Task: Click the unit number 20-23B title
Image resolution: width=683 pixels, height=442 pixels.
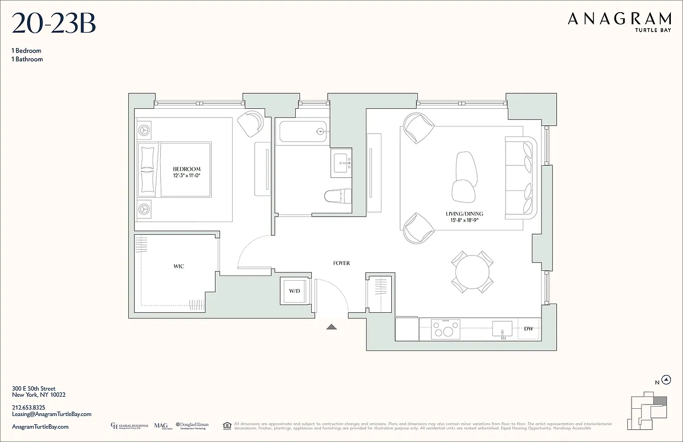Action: coord(54,24)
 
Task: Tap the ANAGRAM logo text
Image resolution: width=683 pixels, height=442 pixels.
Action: coord(619,19)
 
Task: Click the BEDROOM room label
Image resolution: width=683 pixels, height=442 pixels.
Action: coord(186,169)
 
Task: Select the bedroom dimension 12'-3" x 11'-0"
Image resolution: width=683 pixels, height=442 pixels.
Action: coord(186,176)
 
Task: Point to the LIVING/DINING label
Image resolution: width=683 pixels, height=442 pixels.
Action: coord(464,214)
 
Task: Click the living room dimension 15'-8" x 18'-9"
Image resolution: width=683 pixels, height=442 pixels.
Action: coord(464,220)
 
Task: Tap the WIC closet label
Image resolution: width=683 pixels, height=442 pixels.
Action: coord(178,266)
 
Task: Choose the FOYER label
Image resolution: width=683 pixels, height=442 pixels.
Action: coord(341,264)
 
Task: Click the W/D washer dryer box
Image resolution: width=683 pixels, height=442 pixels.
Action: coord(295,291)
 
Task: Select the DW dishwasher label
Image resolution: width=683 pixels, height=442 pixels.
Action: coord(528,329)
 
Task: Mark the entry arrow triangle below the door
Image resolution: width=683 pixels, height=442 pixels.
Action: coord(331,327)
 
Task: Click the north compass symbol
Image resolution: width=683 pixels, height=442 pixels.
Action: coord(666,380)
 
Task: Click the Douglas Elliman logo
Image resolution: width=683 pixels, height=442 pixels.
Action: coord(192,426)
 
